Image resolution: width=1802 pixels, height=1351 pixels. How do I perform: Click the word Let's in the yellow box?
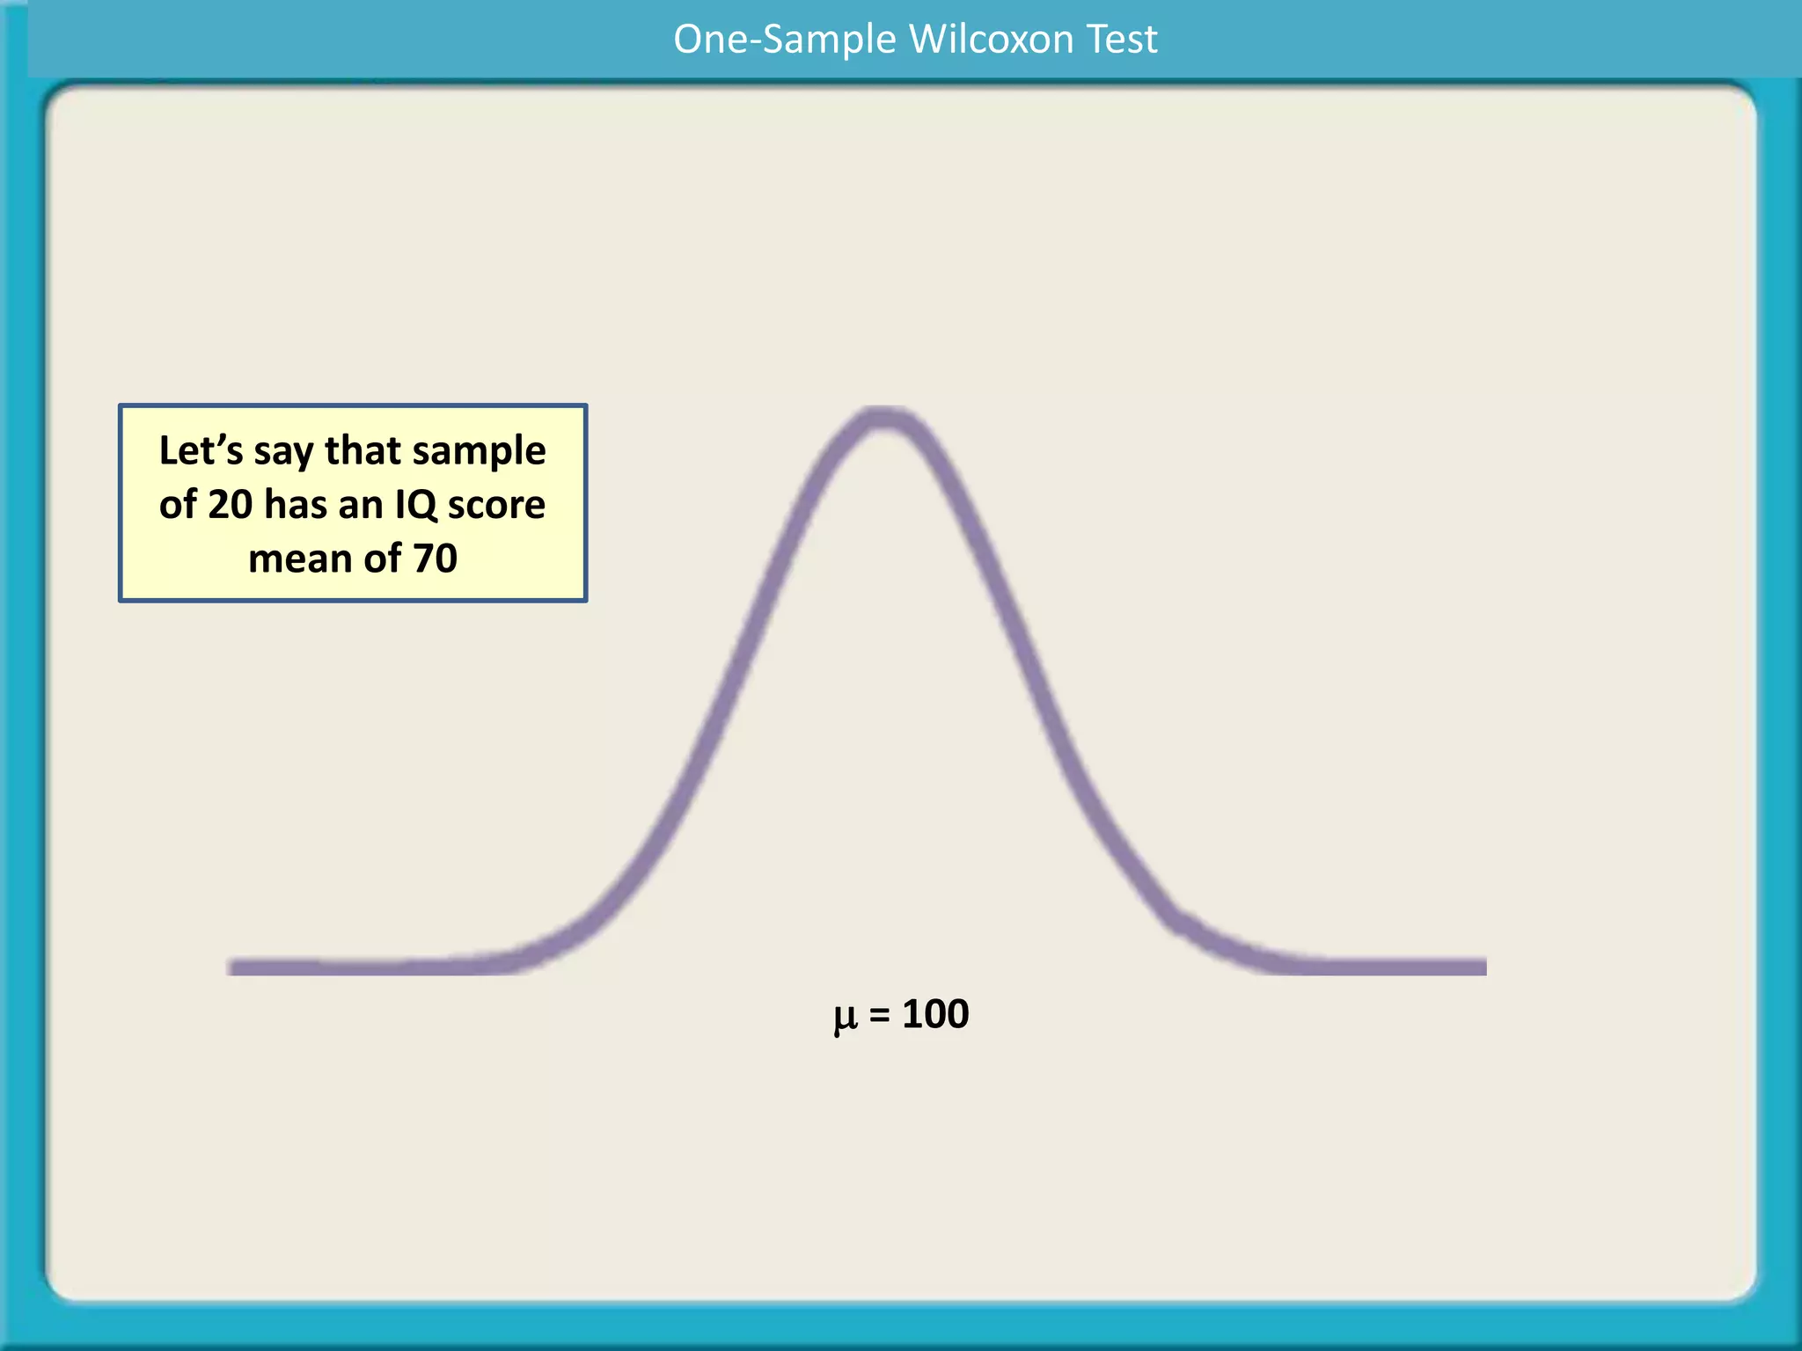pyautogui.click(x=201, y=450)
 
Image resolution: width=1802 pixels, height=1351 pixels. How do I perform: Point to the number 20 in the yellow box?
pyautogui.click(x=230, y=505)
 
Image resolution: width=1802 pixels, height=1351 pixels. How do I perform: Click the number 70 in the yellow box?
pyautogui.click(x=435, y=559)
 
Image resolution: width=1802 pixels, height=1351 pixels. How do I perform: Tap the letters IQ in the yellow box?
pyautogui.click(x=415, y=505)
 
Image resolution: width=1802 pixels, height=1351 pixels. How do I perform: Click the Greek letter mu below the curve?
pyautogui.click(x=845, y=1017)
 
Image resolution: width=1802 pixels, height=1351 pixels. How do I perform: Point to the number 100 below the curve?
pyautogui.click(x=935, y=1014)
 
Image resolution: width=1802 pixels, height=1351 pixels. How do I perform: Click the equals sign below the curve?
pyautogui.click(x=879, y=1015)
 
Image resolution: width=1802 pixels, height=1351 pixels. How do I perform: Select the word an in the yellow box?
pyautogui.click(x=360, y=505)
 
